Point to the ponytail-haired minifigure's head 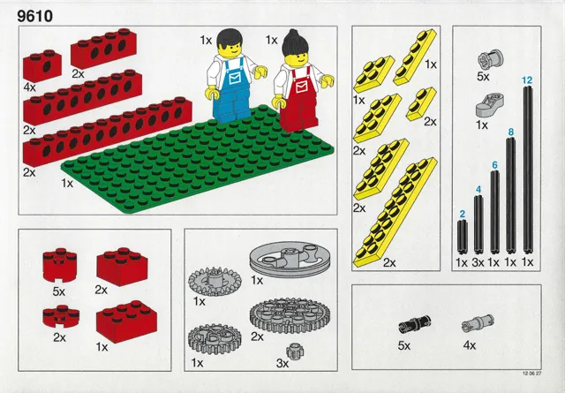(292, 53)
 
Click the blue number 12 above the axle (527, 80)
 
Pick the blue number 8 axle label (510, 133)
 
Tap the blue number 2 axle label (462, 214)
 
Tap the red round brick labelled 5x (58, 263)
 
